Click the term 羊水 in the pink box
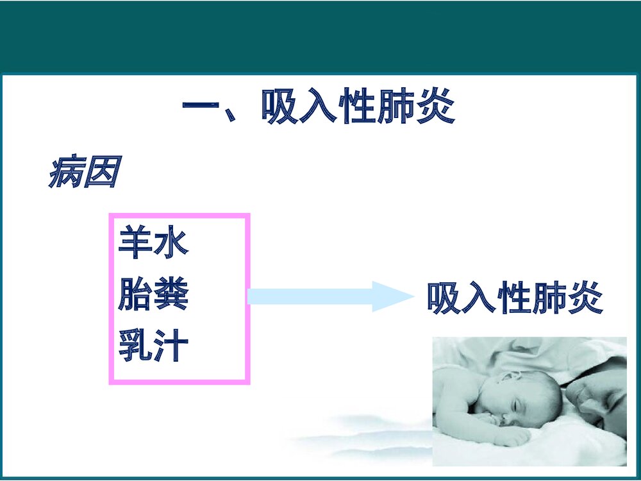[x=153, y=244]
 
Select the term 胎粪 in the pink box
[x=153, y=296]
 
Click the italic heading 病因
[x=83, y=173]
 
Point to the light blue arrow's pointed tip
[x=413, y=296]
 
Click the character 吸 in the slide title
[x=279, y=107]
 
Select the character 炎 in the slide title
[x=436, y=107]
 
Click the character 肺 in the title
[x=397, y=107]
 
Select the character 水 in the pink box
[x=171, y=244]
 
